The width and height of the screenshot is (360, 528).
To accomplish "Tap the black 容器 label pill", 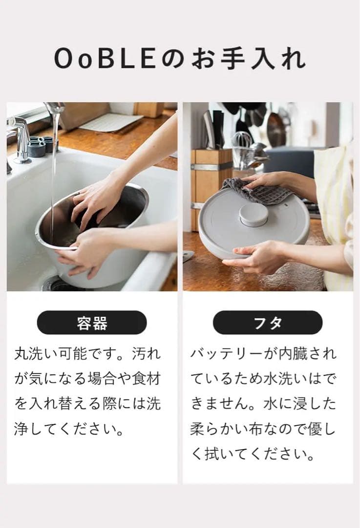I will pyautogui.click(x=92, y=323).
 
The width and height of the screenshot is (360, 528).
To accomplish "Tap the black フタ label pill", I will pyautogui.click(x=268, y=323).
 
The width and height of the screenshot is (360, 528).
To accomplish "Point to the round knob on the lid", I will pyautogui.click(x=254, y=214).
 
